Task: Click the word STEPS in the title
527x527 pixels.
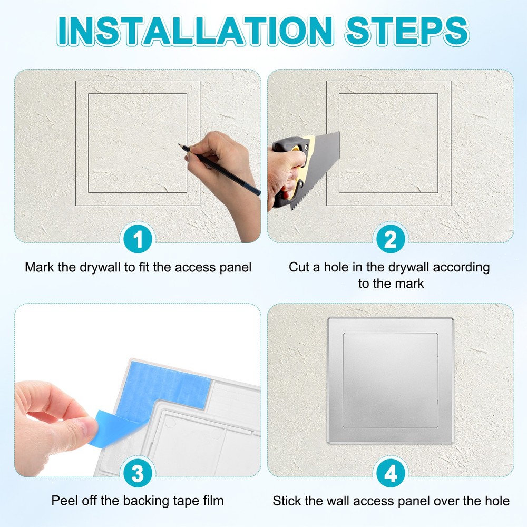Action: tap(406, 32)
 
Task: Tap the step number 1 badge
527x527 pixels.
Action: tap(138, 240)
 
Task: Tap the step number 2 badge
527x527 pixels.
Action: tap(391, 240)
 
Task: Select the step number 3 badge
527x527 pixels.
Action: tap(138, 474)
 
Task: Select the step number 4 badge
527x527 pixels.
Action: tap(391, 474)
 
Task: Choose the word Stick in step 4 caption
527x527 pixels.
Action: tap(286, 501)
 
